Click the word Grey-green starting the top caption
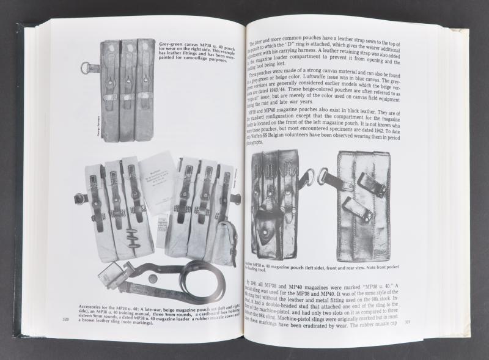(174, 43)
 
